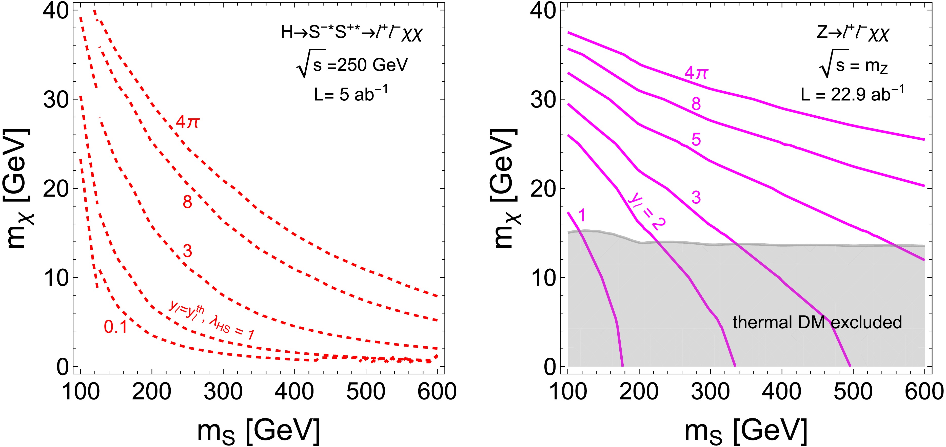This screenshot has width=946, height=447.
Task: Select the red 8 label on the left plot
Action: pyautogui.click(x=187, y=202)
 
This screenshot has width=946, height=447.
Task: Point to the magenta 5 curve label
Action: pyautogui.click(x=696, y=139)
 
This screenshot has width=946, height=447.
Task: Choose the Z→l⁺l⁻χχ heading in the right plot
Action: pyautogui.click(x=853, y=33)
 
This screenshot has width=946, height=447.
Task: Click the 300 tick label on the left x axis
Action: pyautogui.click(x=223, y=392)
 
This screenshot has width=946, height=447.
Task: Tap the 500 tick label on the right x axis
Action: pyautogui.click(x=853, y=392)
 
